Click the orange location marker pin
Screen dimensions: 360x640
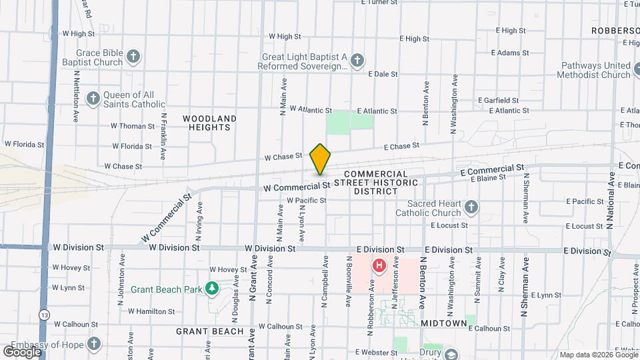pyautogui.click(x=320, y=159)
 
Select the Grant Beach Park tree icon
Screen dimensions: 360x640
pyautogui.click(x=213, y=289)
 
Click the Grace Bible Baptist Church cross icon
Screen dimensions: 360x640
pyautogui.click(x=134, y=56)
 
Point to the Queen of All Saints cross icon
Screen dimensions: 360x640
pyautogui.click(x=93, y=99)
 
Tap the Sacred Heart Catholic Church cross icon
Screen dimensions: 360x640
pyautogui.click(x=471, y=207)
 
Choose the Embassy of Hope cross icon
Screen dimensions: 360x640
pyautogui.click(x=94, y=344)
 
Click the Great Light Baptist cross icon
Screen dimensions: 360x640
pyautogui.click(x=357, y=61)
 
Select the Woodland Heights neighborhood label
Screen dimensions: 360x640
pyautogui.click(x=209, y=123)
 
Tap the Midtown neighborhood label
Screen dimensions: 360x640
pyautogui.click(x=443, y=323)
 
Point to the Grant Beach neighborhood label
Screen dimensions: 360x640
pyautogui.click(x=210, y=331)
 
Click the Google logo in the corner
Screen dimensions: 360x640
pyautogui.click(x=22, y=351)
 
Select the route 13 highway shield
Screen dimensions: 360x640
pyautogui.click(x=44, y=314)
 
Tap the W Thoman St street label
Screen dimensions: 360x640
pyautogui.click(x=133, y=125)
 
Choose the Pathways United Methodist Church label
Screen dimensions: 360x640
pyautogui.click(x=595, y=70)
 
